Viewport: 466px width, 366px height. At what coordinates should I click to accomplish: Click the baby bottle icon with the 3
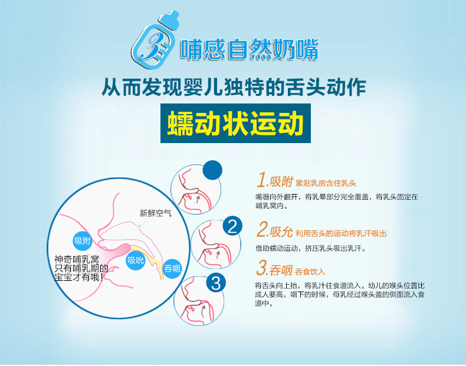(155, 40)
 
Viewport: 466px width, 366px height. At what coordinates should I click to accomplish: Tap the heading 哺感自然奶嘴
(250, 49)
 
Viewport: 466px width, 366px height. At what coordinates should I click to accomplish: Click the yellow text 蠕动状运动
(235, 124)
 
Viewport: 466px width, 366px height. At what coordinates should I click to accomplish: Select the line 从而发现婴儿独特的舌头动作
(234, 88)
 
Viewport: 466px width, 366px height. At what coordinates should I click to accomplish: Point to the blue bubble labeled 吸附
(83, 241)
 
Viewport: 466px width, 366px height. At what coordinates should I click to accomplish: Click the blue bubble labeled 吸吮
(136, 260)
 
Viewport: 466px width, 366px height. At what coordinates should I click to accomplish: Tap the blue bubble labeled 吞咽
(172, 269)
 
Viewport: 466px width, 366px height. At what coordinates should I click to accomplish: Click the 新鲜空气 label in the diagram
(156, 213)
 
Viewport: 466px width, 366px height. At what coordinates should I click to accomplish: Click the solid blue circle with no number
(212, 170)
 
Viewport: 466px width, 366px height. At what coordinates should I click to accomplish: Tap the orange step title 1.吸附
(275, 180)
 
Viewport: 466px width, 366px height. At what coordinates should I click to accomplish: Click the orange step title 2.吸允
(275, 231)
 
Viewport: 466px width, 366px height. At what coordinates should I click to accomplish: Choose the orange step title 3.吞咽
(274, 269)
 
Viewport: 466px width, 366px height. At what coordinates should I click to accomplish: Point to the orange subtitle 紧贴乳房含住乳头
(326, 183)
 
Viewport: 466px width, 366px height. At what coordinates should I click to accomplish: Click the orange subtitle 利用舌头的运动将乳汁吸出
(341, 233)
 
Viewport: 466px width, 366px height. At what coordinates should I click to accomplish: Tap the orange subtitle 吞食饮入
(310, 271)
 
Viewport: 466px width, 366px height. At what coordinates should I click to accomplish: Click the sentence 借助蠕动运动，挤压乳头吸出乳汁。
(310, 248)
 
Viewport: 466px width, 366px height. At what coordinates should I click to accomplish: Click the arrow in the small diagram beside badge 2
(218, 254)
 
